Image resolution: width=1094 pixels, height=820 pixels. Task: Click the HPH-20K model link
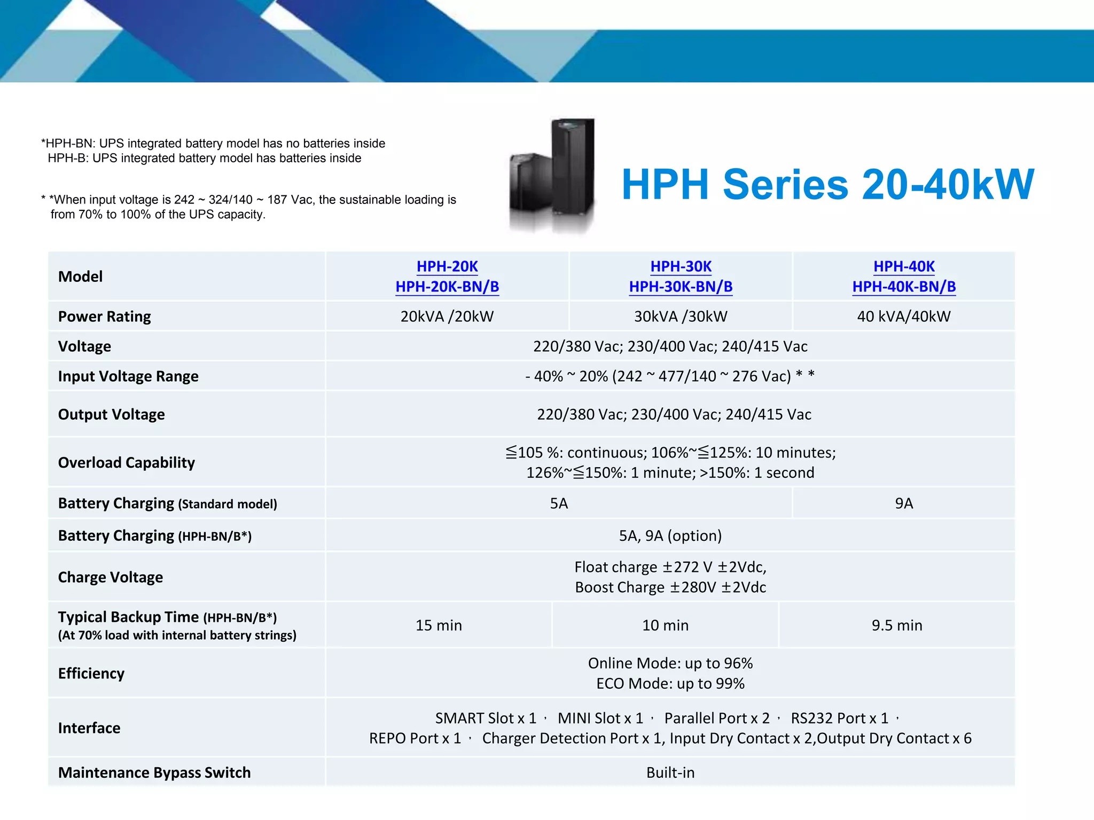pyautogui.click(x=447, y=266)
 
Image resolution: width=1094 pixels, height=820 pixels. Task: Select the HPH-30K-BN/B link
pyautogui.click(x=681, y=287)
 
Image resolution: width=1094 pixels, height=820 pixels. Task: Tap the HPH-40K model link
pyautogui.click(x=904, y=266)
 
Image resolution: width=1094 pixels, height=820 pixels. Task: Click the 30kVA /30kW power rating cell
pyautogui.click(x=681, y=317)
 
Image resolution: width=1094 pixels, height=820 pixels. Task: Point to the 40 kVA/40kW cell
pyautogui.click(x=904, y=317)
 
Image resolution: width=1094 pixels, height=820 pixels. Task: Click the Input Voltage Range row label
pyautogui.click(x=128, y=376)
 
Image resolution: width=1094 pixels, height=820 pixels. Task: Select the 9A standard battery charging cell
pyautogui.click(x=904, y=503)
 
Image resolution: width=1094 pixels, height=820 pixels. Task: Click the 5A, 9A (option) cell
pyautogui.click(x=670, y=535)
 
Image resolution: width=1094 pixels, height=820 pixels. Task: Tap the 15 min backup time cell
pyautogui.click(x=439, y=625)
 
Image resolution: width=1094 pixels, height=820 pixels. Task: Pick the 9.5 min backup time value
pyautogui.click(x=897, y=625)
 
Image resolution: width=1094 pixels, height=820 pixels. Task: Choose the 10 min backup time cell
pyautogui.click(x=665, y=625)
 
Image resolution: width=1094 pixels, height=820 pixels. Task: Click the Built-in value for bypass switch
pyautogui.click(x=670, y=772)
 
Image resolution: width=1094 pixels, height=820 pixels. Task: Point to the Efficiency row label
pyautogui.click(x=91, y=673)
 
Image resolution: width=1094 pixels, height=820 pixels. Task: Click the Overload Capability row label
pyautogui.click(x=127, y=462)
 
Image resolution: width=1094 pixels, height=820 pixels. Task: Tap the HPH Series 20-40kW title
pyautogui.click(x=828, y=185)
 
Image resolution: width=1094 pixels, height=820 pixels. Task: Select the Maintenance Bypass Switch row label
pyautogui.click(x=154, y=772)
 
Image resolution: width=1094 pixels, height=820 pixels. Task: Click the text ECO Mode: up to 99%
pyautogui.click(x=670, y=683)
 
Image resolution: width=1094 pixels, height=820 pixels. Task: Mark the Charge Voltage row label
pyautogui.click(x=111, y=577)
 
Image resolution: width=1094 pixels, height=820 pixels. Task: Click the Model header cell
pyautogui.click(x=81, y=277)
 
